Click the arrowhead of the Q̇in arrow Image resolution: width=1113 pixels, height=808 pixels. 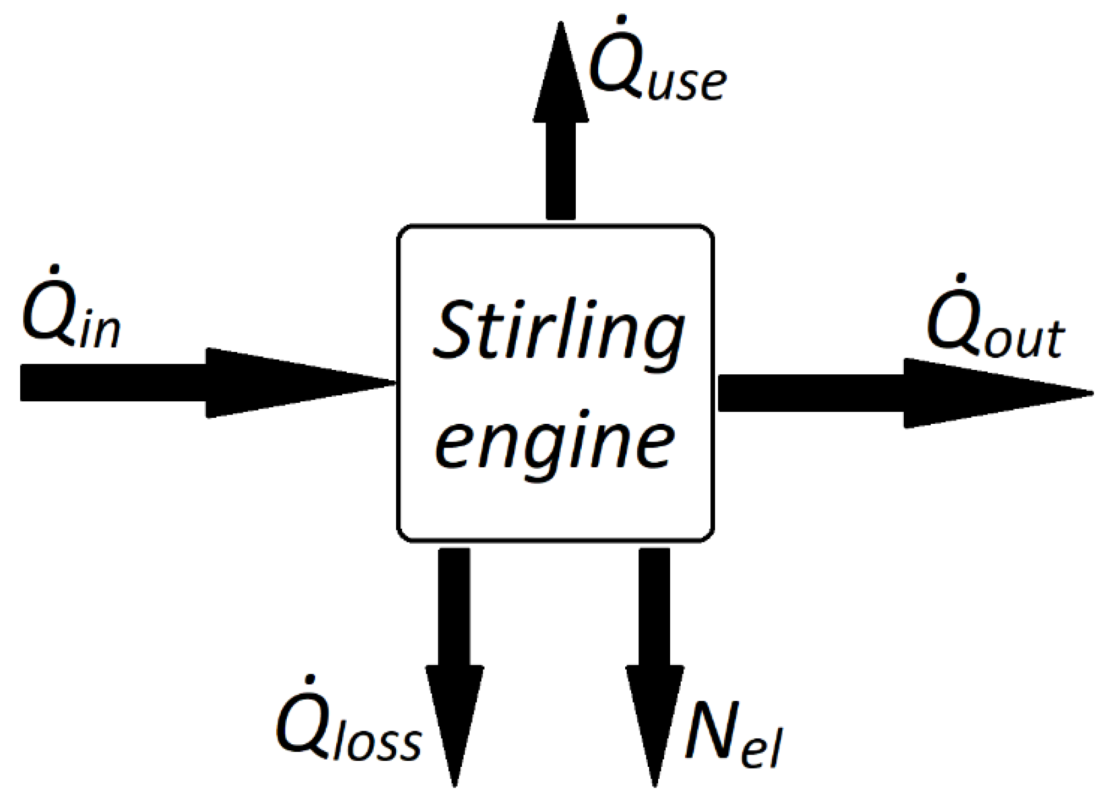[301, 383]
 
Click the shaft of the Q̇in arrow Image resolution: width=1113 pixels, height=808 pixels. [113, 383]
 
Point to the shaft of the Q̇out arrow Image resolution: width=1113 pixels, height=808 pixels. [811, 393]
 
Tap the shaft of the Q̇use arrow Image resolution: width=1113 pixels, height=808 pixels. [561, 171]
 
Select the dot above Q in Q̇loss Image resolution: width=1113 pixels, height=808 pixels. [310, 679]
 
